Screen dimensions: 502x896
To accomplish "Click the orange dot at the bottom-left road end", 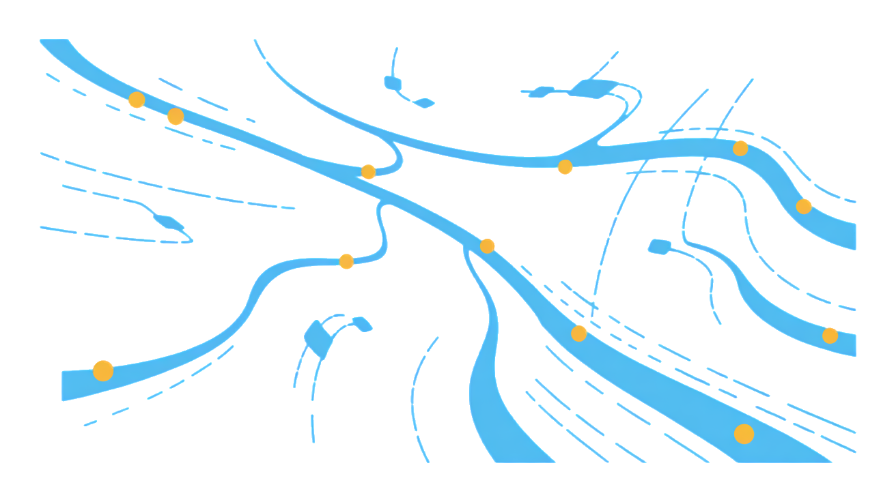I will pyautogui.click(x=103, y=370).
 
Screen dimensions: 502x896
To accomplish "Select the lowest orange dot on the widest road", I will pyautogui.click(x=744, y=434).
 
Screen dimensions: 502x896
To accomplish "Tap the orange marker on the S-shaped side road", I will pyautogui.click(x=347, y=262).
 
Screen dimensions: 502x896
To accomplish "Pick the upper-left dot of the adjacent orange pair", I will pyautogui.click(x=137, y=101).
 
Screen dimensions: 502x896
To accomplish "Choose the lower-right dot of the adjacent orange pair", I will pyautogui.click(x=176, y=117).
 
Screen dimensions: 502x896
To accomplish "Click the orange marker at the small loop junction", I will pyautogui.click(x=369, y=171).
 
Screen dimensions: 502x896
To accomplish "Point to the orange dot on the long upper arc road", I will pyautogui.click(x=565, y=168).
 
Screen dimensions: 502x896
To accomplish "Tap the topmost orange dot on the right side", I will pyautogui.click(x=740, y=148).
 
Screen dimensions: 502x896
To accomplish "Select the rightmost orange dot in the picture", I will pyautogui.click(x=830, y=335).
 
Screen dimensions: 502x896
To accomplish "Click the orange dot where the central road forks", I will pyautogui.click(x=488, y=246).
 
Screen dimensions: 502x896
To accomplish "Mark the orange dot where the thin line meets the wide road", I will pyautogui.click(x=579, y=333).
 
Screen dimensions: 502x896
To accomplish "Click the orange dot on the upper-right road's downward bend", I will pyautogui.click(x=804, y=206).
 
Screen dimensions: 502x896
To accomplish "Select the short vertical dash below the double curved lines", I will pyautogui.click(x=313, y=428).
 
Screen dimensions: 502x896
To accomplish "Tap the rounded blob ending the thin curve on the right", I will pyautogui.click(x=657, y=247).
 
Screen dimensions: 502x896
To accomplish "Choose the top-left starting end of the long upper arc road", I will pyautogui.click(x=257, y=42).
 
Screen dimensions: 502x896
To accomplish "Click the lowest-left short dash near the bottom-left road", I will pyautogui.click(x=90, y=424).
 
